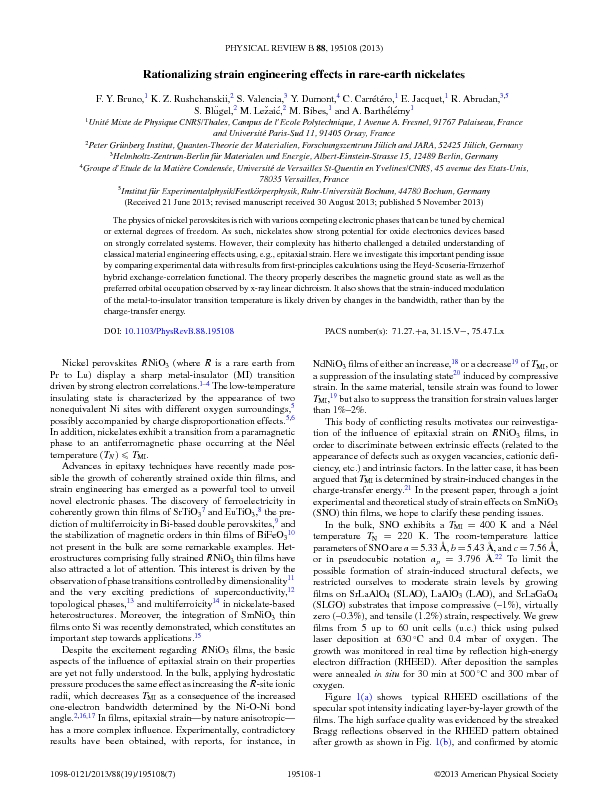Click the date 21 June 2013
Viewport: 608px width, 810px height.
point(191,200)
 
